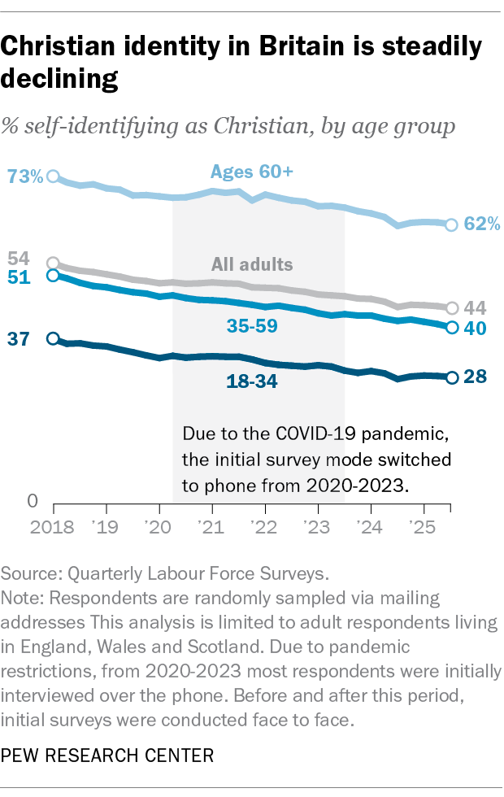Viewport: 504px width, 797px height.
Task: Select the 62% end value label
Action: point(482,224)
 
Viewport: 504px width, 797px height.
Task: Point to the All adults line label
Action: point(252,264)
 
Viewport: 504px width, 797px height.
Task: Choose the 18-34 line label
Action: point(252,380)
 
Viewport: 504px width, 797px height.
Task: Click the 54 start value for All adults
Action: point(18,259)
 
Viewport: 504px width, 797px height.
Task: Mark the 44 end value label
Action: point(476,308)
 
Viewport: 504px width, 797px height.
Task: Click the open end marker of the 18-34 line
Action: point(452,377)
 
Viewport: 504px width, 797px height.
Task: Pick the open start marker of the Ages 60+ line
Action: point(54,176)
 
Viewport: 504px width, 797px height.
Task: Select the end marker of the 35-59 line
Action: point(452,327)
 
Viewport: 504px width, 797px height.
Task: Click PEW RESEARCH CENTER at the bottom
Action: point(107,756)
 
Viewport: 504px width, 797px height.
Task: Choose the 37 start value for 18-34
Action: point(18,339)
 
